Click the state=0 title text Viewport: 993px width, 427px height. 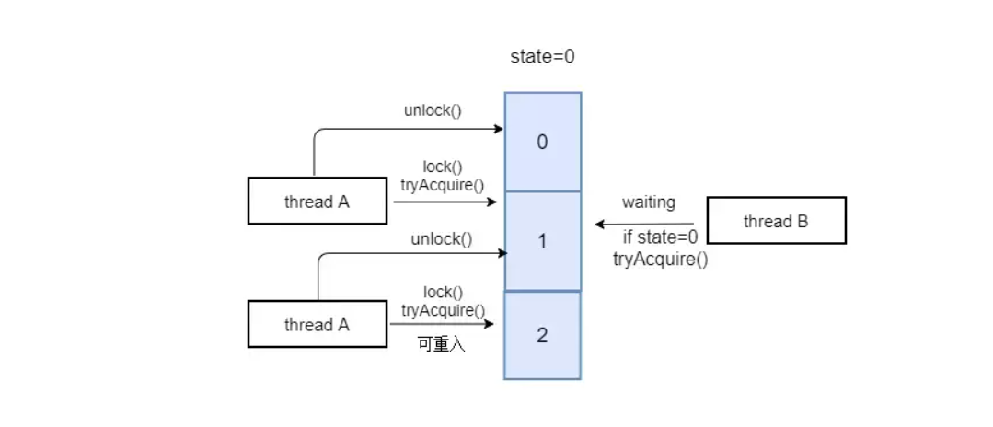[x=543, y=57]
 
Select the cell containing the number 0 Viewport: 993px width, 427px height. [x=543, y=142]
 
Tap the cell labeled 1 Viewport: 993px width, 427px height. [x=543, y=241]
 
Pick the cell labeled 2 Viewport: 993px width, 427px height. [x=543, y=335]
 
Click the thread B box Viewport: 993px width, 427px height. [x=777, y=221]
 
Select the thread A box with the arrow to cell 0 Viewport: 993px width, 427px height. [x=318, y=201]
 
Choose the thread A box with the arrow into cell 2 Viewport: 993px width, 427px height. [x=318, y=324]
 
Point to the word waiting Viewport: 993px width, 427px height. [x=649, y=202]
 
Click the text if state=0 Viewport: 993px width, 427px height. [x=661, y=238]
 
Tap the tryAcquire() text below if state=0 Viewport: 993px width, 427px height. [x=661, y=260]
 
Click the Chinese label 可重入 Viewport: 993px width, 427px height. [x=442, y=345]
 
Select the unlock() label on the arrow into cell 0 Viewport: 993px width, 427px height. [x=433, y=110]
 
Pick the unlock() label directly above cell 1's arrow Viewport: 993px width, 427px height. [x=442, y=239]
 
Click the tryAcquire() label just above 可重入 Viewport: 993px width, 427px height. [x=444, y=310]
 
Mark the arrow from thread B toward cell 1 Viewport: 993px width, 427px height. [x=645, y=225]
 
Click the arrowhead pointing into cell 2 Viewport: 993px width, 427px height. [x=489, y=324]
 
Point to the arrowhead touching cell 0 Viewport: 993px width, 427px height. [x=499, y=129]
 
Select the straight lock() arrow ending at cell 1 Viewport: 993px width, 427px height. [x=445, y=202]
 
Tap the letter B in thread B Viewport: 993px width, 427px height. [x=802, y=221]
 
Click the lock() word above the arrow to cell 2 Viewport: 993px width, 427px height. [x=444, y=293]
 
